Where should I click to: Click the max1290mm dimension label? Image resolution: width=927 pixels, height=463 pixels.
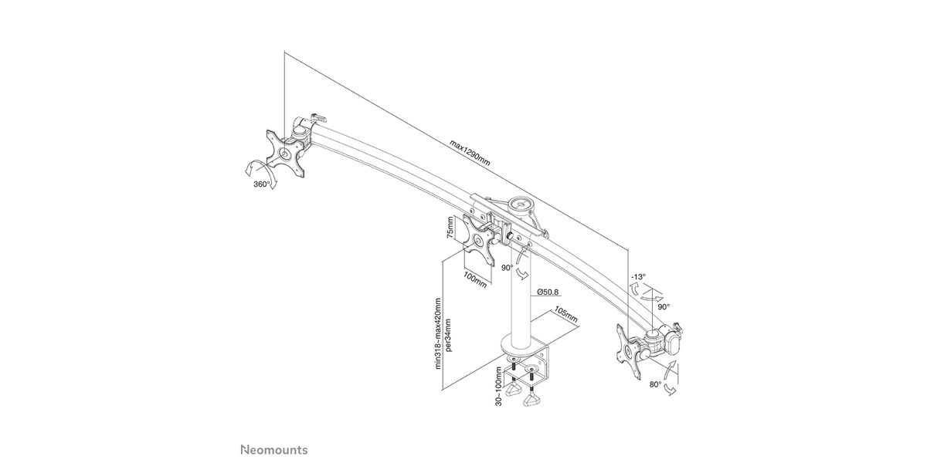click(x=470, y=153)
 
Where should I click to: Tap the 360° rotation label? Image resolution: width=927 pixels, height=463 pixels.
click(x=262, y=184)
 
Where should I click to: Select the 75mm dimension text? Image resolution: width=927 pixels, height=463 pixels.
click(x=450, y=228)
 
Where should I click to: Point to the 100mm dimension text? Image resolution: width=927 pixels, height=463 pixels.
click(x=474, y=280)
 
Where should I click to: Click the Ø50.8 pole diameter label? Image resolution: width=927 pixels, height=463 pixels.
click(x=548, y=292)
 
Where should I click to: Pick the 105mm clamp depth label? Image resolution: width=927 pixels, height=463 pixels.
click(x=565, y=315)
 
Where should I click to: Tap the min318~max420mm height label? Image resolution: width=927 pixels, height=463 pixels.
click(x=438, y=333)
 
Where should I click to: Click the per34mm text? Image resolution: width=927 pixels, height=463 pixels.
click(x=449, y=335)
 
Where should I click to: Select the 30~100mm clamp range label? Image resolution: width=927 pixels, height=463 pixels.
click(x=499, y=386)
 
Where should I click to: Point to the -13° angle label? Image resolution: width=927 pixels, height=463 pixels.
click(x=638, y=276)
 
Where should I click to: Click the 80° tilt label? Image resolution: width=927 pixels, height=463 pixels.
click(x=655, y=384)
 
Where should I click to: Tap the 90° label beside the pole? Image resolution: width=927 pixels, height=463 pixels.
click(x=508, y=268)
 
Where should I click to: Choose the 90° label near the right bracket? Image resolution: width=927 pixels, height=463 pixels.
click(x=664, y=307)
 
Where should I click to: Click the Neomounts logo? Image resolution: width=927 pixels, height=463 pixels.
click(x=274, y=450)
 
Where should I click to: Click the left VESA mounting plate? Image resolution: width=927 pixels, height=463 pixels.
click(x=285, y=154)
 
